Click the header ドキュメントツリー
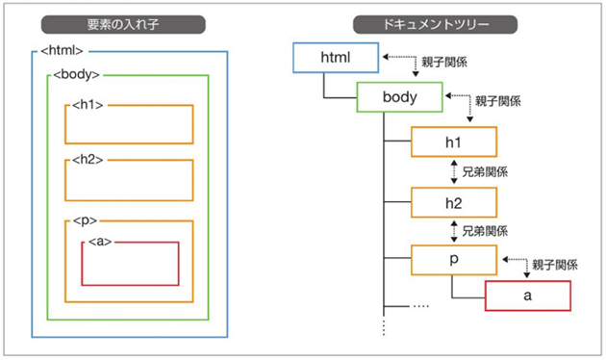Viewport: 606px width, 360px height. [434, 22]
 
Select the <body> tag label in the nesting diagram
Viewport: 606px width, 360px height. [78, 74]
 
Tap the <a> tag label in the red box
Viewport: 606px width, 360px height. [99, 241]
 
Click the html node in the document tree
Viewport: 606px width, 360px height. [335, 59]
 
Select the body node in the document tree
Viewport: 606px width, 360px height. [400, 97]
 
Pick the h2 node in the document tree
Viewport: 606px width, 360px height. [453, 202]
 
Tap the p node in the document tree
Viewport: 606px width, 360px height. [453, 261]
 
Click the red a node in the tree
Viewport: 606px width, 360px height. [527, 296]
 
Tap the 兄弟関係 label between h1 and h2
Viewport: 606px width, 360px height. [486, 172]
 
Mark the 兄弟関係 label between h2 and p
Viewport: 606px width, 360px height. [486, 231]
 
